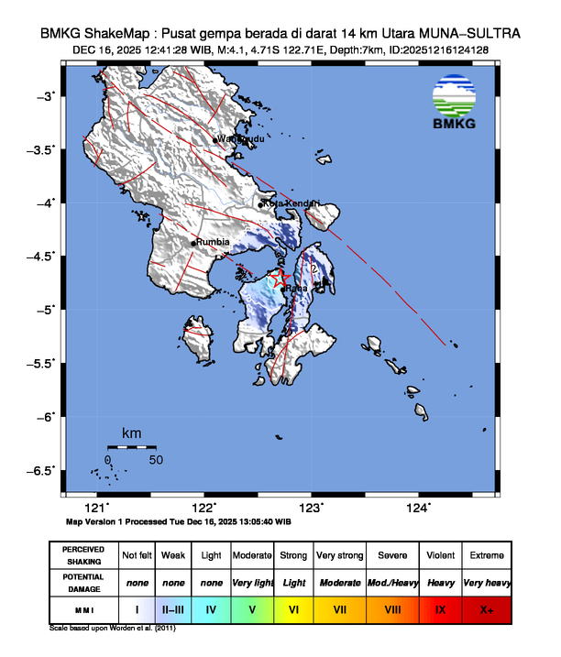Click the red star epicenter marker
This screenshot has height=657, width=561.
280,278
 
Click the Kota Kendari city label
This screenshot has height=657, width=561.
292,203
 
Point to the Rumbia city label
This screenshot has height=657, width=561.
214,242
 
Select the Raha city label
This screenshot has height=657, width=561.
297,289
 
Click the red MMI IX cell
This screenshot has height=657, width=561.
441,608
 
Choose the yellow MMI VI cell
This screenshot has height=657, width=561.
294,608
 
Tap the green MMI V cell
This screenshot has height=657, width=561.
253,608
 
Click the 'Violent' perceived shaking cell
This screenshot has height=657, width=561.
441,556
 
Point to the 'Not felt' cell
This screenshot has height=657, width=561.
137,556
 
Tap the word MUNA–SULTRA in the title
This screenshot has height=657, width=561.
475,33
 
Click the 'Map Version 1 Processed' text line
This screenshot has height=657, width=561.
179,521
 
